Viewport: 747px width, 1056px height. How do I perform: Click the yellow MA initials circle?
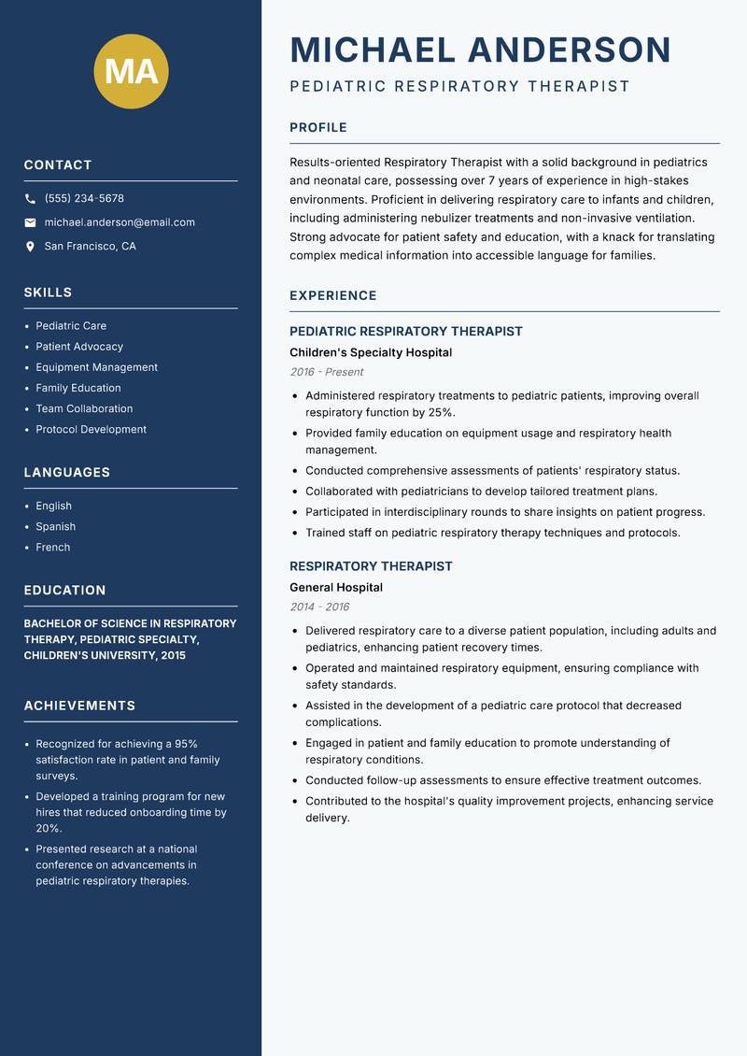point(131,71)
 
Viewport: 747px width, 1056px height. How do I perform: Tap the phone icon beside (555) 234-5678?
point(30,199)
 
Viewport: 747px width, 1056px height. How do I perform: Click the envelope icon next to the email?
point(30,222)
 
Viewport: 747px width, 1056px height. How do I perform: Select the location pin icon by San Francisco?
point(30,247)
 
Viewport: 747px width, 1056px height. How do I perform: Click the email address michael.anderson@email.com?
point(120,222)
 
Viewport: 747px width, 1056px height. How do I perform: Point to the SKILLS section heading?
point(48,293)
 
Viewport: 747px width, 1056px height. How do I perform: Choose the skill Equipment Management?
point(96,367)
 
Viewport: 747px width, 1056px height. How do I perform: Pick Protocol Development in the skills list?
point(91,430)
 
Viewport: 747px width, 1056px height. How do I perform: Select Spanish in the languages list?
point(55,527)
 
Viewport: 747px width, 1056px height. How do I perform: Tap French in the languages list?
point(52,548)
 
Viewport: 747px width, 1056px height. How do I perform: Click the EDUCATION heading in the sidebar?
point(64,591)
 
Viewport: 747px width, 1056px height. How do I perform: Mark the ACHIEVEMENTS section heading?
point(79,706)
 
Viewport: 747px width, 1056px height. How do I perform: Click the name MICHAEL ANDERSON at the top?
point(480,50)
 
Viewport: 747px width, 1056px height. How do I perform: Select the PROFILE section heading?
point(317,128)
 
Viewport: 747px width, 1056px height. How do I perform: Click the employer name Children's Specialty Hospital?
point(371,353)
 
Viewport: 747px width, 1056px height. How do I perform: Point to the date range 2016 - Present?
point(326,372)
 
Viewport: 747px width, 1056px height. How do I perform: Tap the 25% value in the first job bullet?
point(440,412)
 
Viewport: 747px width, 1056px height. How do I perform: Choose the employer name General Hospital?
point(336,588)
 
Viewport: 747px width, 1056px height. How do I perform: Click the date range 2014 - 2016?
point(319,606)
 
